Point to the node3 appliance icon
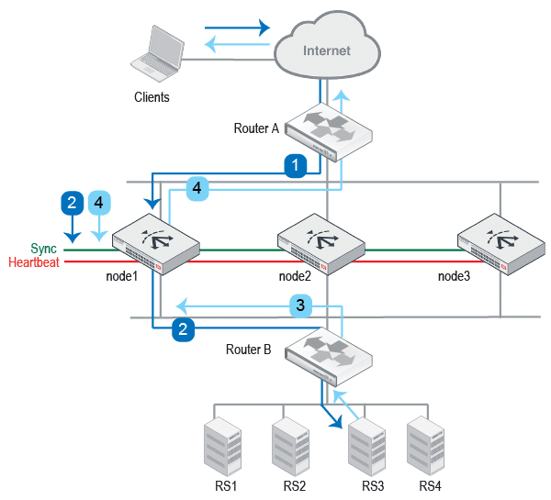click(501, 244)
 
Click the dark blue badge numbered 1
click(294, 165)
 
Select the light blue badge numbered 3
click(301, 305)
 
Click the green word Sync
click(43, 249)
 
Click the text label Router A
click(256, 128)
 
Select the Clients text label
click(152, 96)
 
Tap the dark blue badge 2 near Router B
click(185, 329)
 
